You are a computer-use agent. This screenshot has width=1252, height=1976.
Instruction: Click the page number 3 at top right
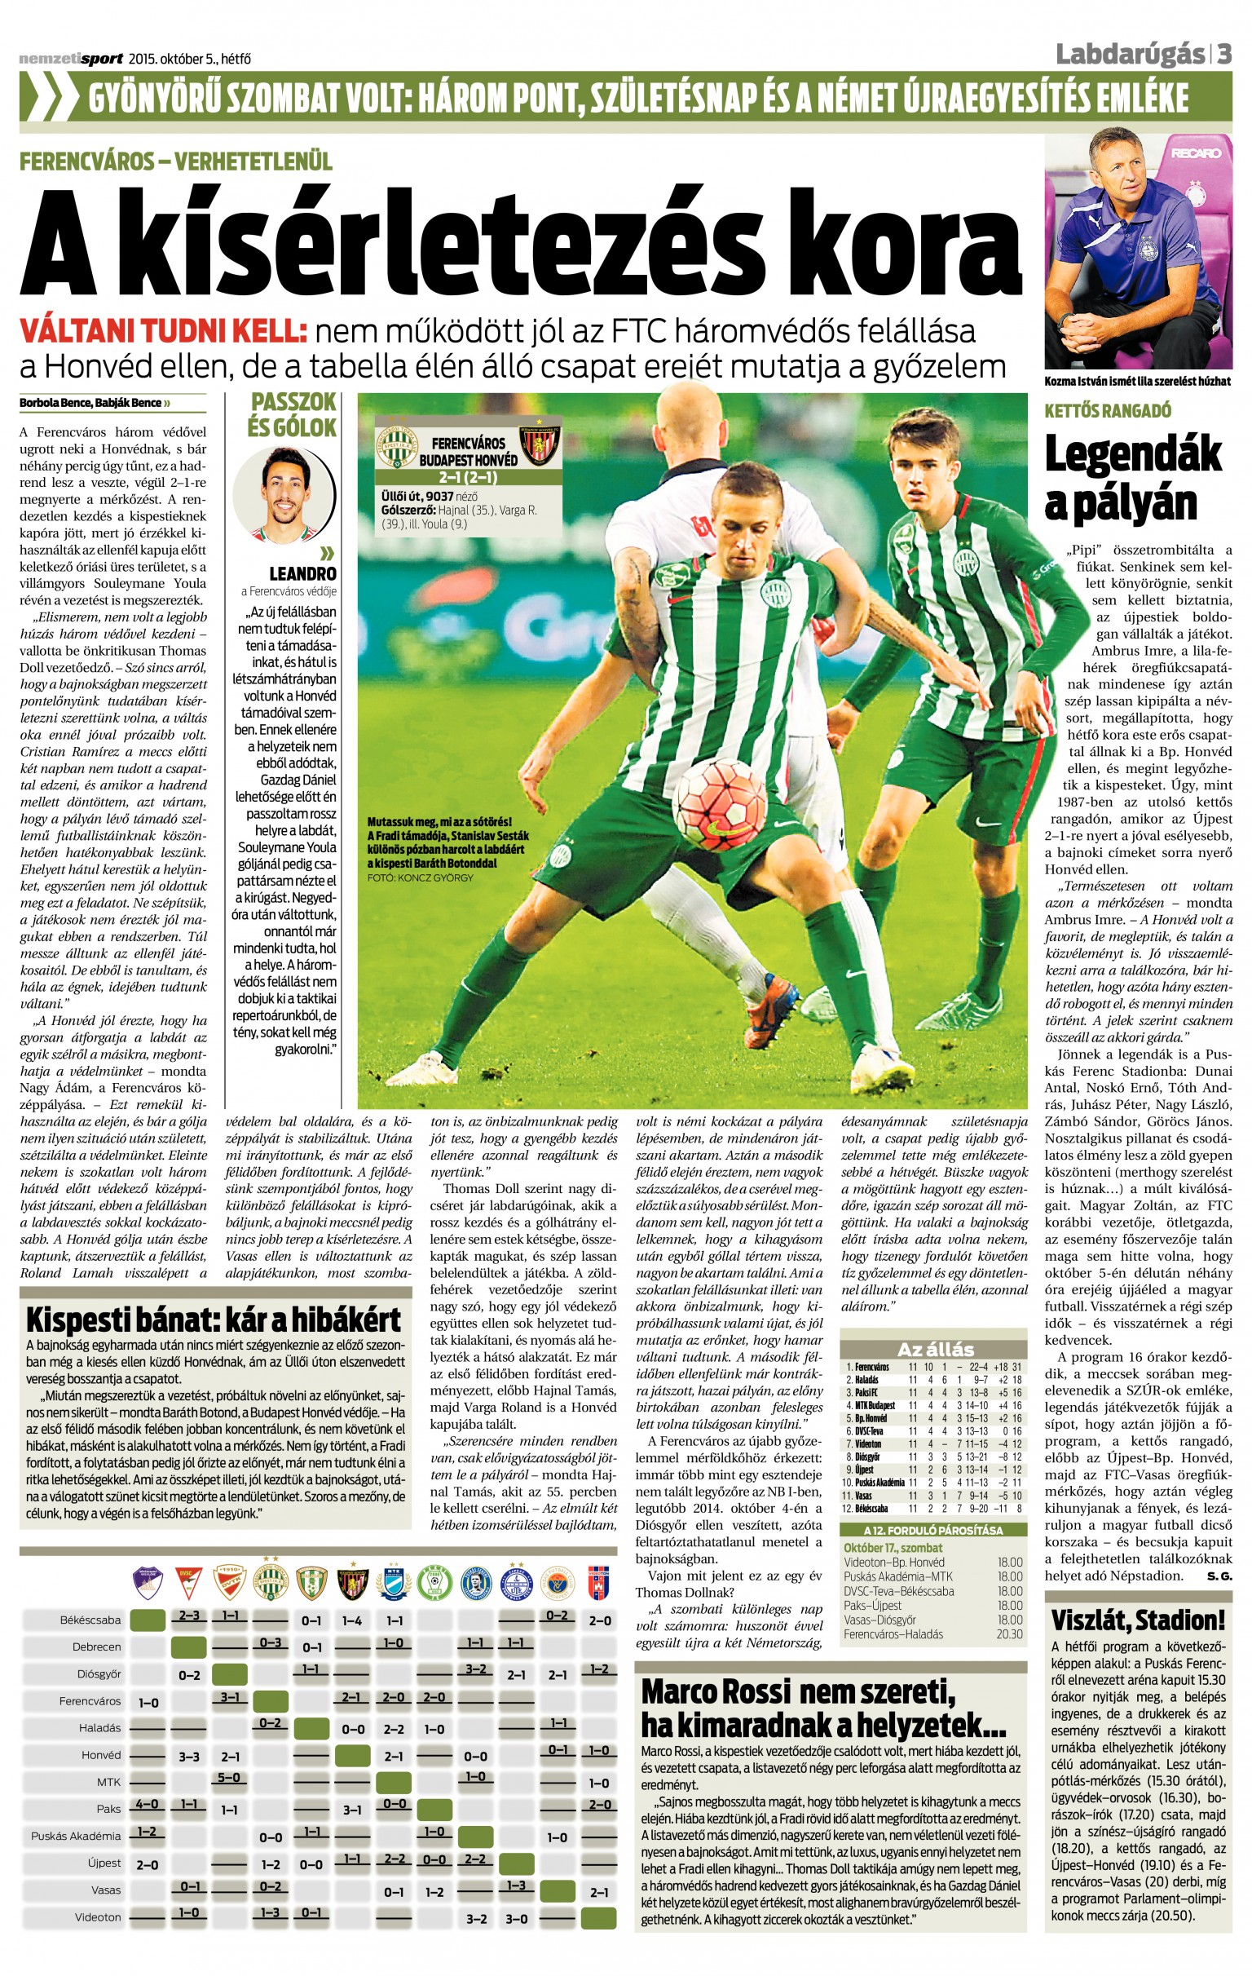click(x=1223, y=55)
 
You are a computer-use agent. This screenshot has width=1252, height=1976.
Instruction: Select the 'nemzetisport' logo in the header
click(x=71, y=58)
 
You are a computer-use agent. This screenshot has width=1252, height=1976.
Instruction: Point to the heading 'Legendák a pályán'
click(x=1132, y=479)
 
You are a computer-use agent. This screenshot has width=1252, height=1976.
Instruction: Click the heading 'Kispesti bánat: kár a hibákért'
click(x=214, y=1320)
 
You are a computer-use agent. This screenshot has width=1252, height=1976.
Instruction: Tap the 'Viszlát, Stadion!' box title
click(x=1137, y=1620)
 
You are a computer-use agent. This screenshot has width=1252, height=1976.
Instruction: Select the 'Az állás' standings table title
click(x=934, y=1349)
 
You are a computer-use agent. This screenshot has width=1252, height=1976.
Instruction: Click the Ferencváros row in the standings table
click(x=933, y=1367)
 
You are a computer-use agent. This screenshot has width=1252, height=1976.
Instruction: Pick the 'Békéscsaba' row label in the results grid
click(x=90, y=1620)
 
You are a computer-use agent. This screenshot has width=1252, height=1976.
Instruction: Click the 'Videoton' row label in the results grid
click(x=98, y=1917)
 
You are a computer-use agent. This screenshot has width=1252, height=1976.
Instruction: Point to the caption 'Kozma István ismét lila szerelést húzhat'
click(x=1137, y=381)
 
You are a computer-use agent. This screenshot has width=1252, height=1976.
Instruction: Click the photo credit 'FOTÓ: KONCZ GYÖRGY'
click(x=420, y=877)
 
